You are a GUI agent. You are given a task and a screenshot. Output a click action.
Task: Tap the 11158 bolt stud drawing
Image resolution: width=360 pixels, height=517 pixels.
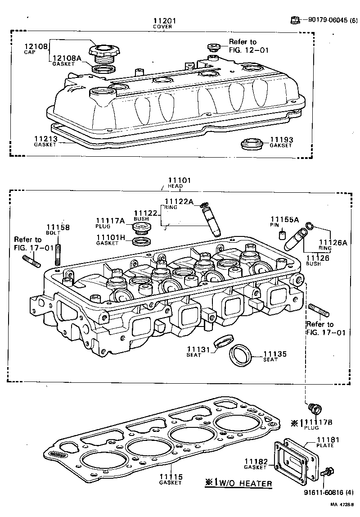pyautogui.click(x=58, y=255)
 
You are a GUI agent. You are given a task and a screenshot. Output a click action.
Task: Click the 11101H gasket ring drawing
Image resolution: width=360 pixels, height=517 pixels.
pyautogui.click(x=142, y=242)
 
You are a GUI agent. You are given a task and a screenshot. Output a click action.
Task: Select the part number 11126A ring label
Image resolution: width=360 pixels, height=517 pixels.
pyautogui.click(x=333, y=242)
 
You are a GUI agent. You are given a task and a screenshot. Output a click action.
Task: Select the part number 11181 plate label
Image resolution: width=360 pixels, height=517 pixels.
pyautogui.click(x=327, y=440)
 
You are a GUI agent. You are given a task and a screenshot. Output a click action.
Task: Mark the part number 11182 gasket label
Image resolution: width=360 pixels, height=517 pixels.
pyautogui.click(x=256, y=462)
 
